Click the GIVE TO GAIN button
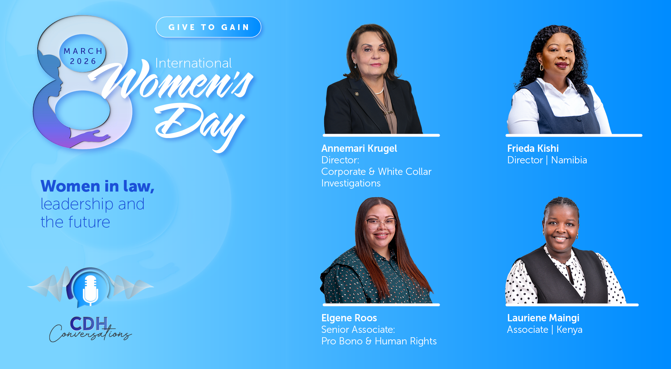(x=208, y=27)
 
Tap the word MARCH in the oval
(x=83, y=51)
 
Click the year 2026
(x=83, y=61)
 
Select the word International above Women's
(x=193, y=63)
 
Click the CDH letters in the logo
(x=89, y=323)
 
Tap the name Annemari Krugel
(x=359, y=149)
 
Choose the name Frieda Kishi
(x=533, y=149)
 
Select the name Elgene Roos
(x=349, y=318)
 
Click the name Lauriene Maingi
(x=543, y=318)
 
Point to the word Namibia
(x=569, y=160)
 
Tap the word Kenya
(x=569, y=330)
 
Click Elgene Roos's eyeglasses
(x=381, y=223)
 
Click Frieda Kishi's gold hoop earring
(x=542, y=67)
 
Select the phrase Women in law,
(x=97, y=186)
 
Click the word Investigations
(x=351, y=183)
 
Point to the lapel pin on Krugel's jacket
(x=357, y=94)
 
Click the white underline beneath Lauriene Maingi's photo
(x=572, y=305)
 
